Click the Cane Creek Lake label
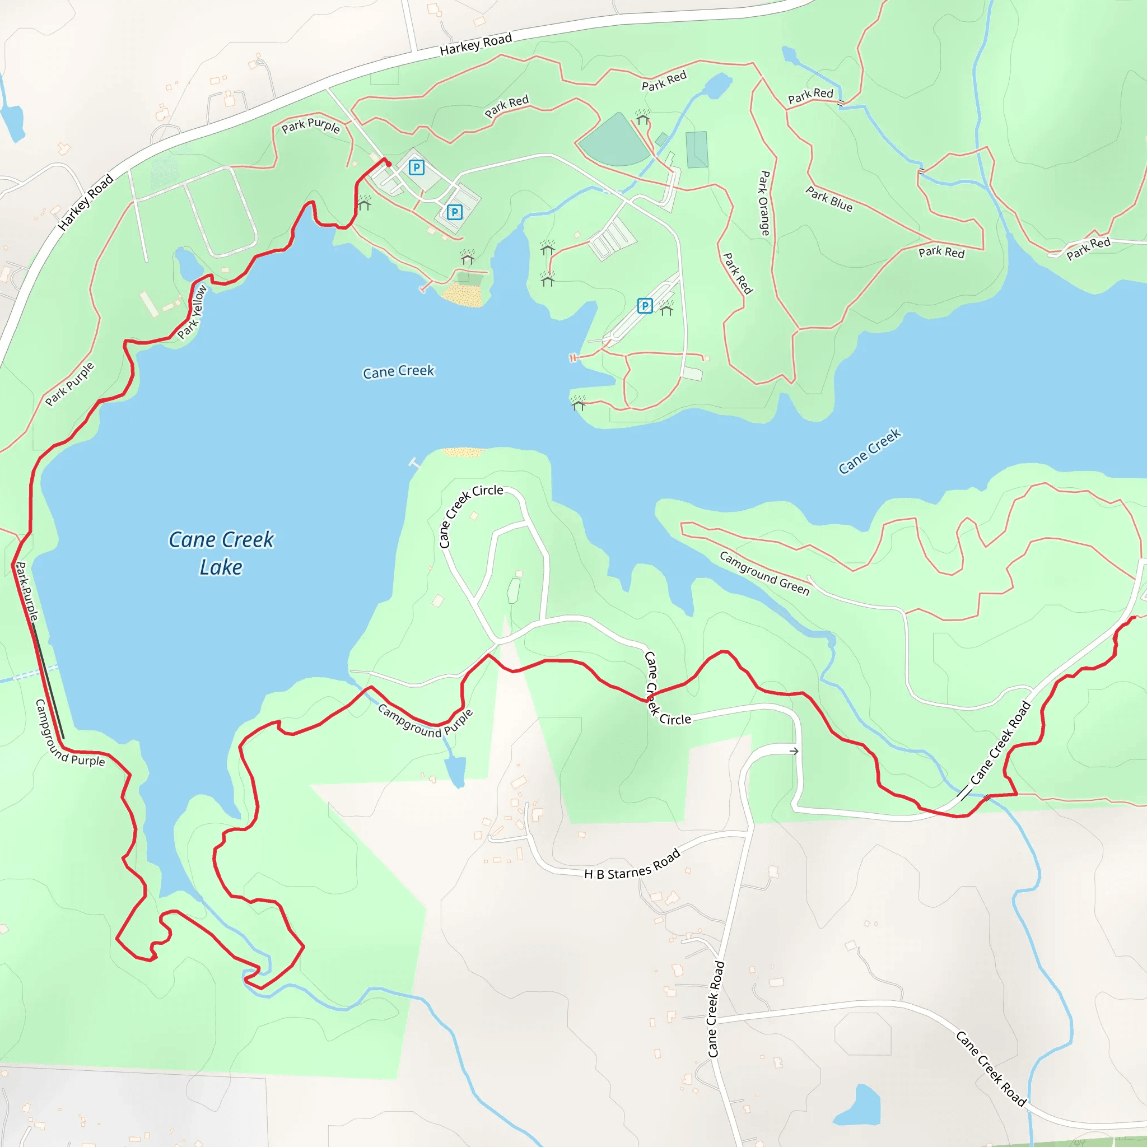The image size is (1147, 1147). click(221, 553)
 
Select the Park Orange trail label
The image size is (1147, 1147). click(764, 203)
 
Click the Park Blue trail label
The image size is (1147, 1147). click(829, 199)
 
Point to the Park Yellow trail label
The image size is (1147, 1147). click(192, 313)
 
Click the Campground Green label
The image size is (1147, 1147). click(764, 573)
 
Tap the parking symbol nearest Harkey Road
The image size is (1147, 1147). click(417, 167)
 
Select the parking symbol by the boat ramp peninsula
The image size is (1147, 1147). click(645, 306)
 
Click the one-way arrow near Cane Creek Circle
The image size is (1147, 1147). click(794, 751)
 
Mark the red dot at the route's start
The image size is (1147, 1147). click(389, 165)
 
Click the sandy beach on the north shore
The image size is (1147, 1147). click(463, 295)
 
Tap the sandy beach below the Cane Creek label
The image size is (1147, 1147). click(464, 453)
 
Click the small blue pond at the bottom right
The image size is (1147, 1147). click(859, 1106)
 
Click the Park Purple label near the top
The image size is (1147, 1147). click(310, 126)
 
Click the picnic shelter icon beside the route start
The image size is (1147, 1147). click(365, 203)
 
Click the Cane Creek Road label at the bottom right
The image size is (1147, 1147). click(990, 1069)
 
